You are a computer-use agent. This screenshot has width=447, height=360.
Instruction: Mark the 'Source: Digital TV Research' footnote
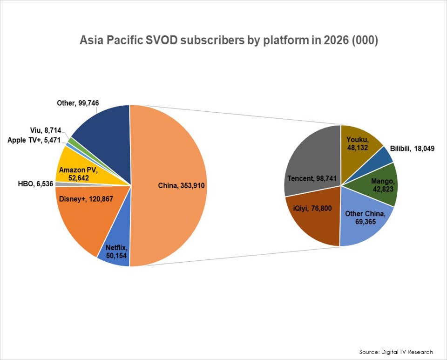[x=396, y=352]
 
